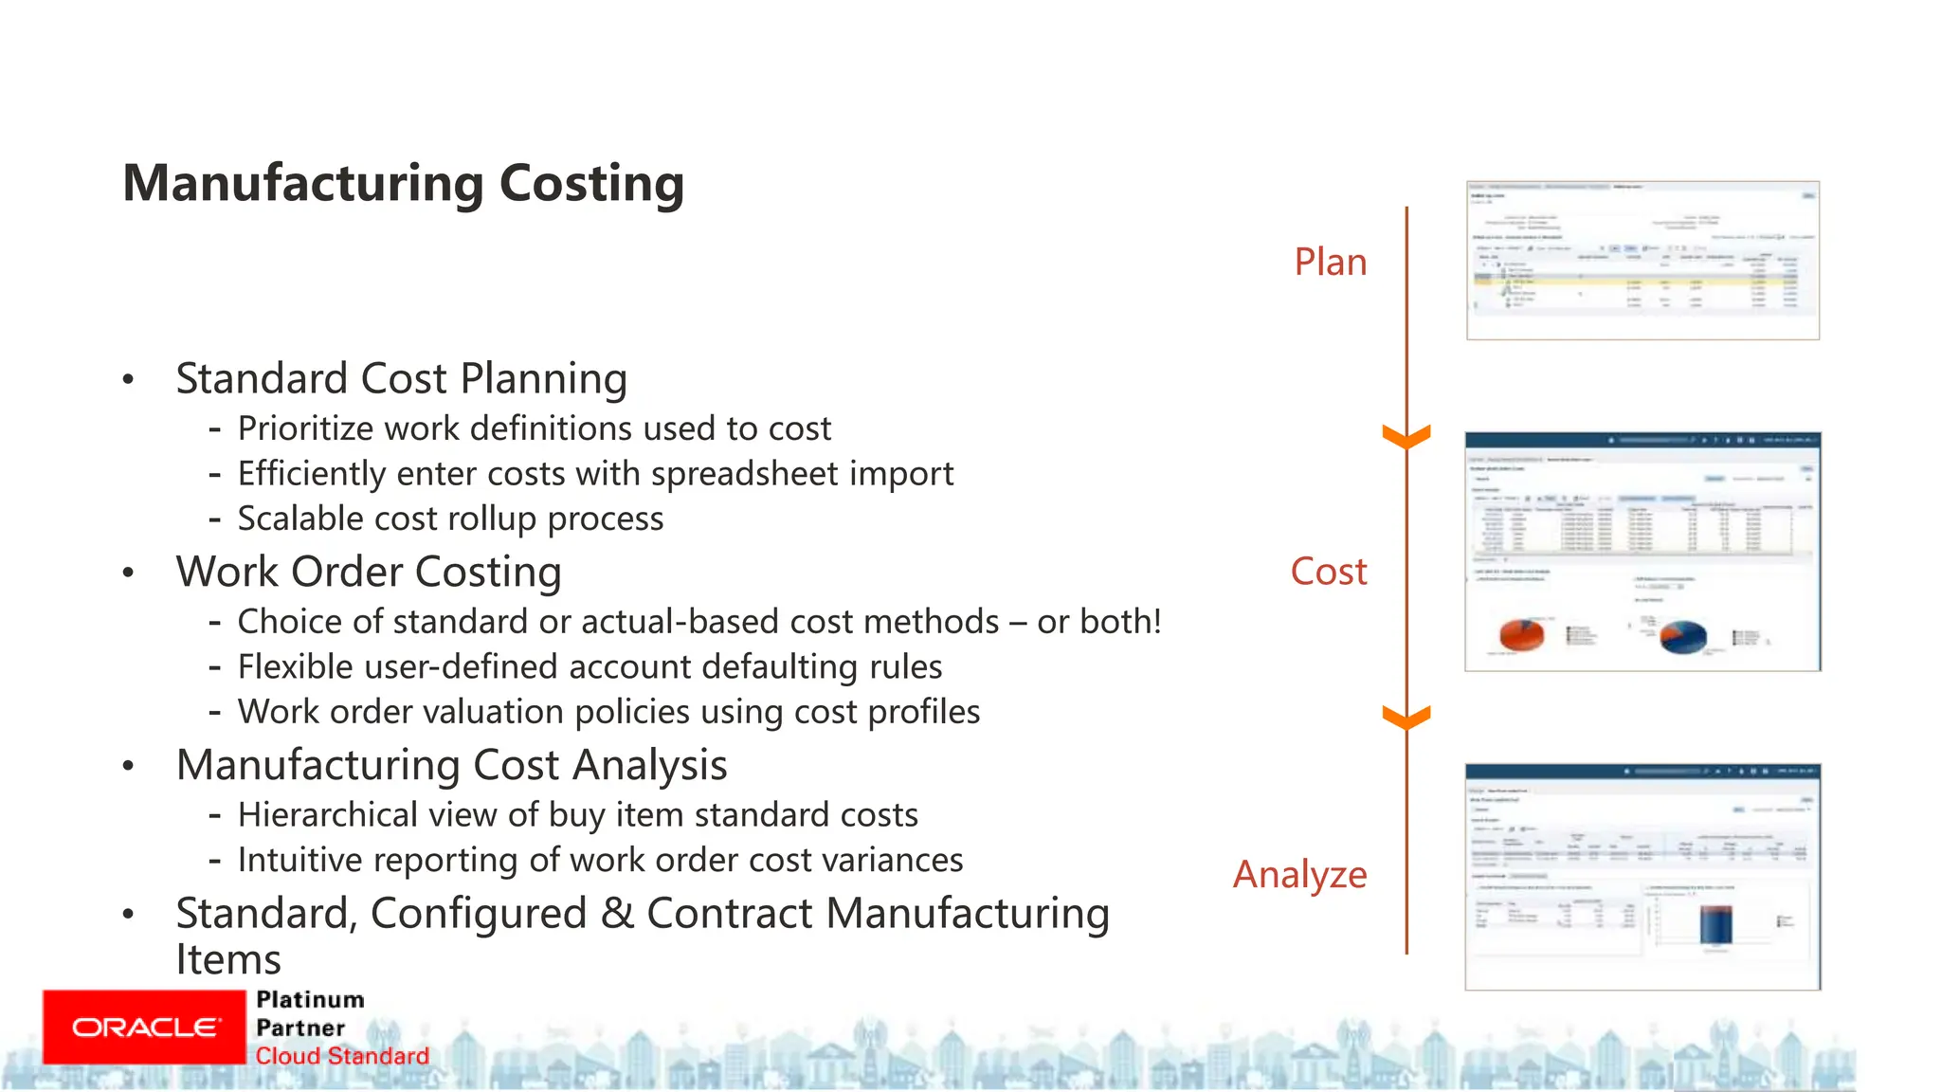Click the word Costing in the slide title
[x=591, y=184]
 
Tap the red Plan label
[x=1330, y=263]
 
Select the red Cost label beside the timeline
[x=1328, y=572]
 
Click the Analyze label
[x=1299, y=874]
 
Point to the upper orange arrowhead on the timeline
[x=1406, y=437]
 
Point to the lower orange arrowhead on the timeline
[x=1406, y=718]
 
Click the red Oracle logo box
[x=144, y=1028]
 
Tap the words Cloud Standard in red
[x=342, y=1056]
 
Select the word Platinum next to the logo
[x=310, y=1000]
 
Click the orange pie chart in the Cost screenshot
[x=1522, y=634]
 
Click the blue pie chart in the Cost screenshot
[x=1683, y=637]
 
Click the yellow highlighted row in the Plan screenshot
[x=1640, y=282]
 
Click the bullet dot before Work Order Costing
[x=128, y=573]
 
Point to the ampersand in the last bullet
[x=617, y=914]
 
